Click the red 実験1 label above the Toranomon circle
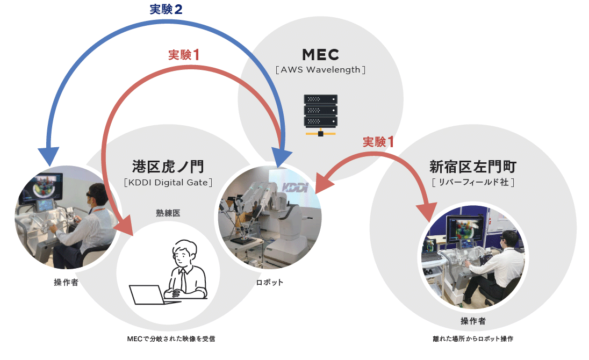184,55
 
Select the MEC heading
320,55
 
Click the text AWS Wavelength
320,70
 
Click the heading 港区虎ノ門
168,166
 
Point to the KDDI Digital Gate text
168,182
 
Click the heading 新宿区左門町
473,166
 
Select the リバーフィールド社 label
473,182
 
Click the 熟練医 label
168,213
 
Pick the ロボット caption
269,283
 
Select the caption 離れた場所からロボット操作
473,339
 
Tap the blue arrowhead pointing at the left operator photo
47,156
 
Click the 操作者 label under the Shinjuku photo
473,321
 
